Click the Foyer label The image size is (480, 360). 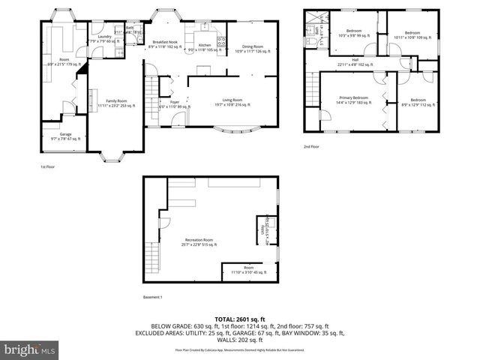pyautogui.click(x=174, y=103)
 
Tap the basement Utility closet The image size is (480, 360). pyautogui.click(x=266, y=227)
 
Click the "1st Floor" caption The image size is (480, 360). pyautogui.click(x=48, y=166)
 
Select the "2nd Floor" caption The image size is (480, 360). pyautogui.click(x=312, y=146)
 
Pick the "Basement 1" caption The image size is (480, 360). pyautogui.click(x=152, y=297)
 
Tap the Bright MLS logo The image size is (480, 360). pyautogui.click(x=30, y=349)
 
